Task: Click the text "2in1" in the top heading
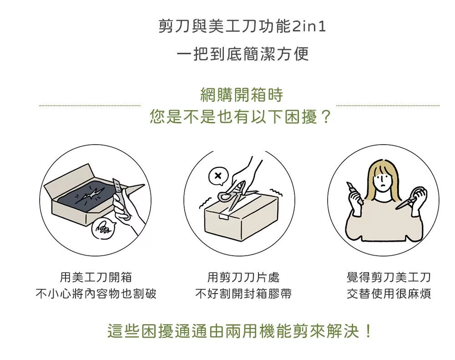(309, 26)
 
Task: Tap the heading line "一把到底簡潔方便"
(243, 54)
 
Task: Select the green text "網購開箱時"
(242, 95)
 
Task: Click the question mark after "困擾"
(326, 117)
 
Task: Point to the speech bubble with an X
(218, 176)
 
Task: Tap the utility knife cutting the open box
(121, 198)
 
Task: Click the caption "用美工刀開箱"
(96, 277)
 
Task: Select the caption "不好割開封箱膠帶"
(243, 294)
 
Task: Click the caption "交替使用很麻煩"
(389, 294)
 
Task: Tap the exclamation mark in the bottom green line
(368, 331)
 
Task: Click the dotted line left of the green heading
(90, 106)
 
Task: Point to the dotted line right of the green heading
(388, 106)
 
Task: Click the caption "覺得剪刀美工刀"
(389, 277)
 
